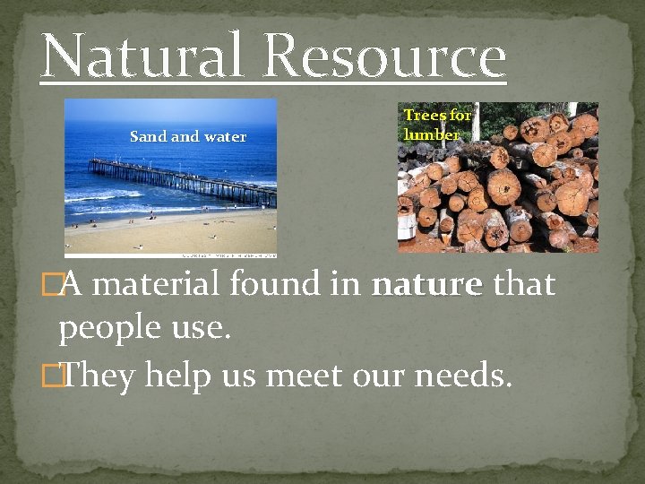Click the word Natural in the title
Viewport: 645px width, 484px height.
click(x=142, y=56)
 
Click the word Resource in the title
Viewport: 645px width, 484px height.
click(x=385, y=56)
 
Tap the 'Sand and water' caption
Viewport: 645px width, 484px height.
click(x=187, y=137)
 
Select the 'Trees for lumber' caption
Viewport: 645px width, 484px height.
click(x=436, y=125)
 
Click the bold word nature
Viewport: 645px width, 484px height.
click(x=426, y=285)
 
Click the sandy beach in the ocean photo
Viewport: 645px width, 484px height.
click(x=170, y=235)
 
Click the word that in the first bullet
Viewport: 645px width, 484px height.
click(x=524, y=285)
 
